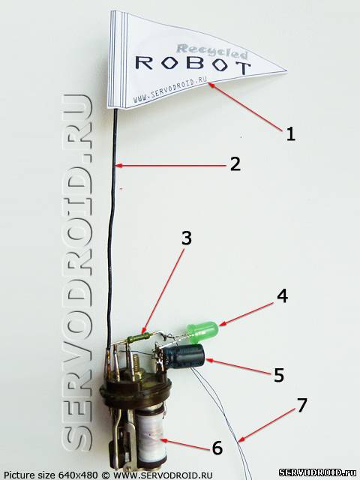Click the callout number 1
point(290,134)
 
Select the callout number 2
point(235,164)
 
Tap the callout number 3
point(187,238)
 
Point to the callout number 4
point(282,296)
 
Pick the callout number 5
point(278,375)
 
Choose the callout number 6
point(217,448)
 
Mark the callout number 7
point(301,405)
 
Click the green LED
point(202,331)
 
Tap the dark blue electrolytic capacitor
point(184,355)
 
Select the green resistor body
point(138,338)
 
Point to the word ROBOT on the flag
point(193,64)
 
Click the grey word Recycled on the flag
point(212,52)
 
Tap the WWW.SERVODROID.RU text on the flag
point(170,90)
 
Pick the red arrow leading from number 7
point(265,426)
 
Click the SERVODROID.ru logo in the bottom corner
point(319,472)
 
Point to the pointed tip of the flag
point(286,70)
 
